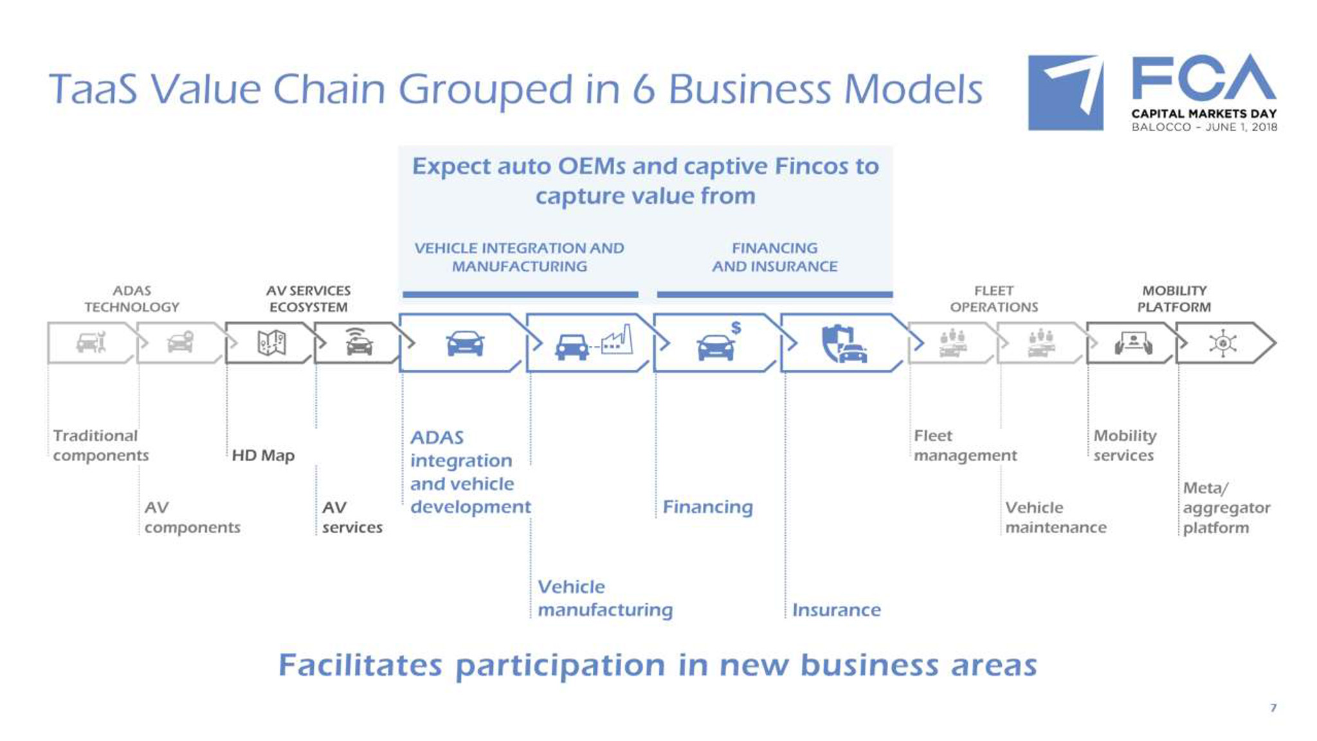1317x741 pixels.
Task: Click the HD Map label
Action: (263, 455)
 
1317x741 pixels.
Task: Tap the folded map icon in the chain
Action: (271, 343)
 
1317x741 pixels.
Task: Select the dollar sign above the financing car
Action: (736, 328)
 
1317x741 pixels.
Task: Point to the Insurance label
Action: (836, 610)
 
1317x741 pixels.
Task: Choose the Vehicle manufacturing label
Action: (604, 598)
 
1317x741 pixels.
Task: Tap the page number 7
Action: (1273, 708)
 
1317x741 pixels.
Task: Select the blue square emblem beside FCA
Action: (1066, 93)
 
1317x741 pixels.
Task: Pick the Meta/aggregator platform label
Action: (1226, 508)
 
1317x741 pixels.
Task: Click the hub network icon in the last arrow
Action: (1222, 343)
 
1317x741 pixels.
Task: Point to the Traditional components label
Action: (100, 445)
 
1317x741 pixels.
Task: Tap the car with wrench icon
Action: (91, 343)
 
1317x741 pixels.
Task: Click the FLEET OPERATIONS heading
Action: (994, 299)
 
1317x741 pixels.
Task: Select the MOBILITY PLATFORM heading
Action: (1174, 299)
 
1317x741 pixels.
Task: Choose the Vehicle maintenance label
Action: (1055, 517)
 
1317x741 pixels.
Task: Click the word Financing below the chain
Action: (707, 507)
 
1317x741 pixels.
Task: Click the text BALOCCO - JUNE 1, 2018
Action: (1204, 127)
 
